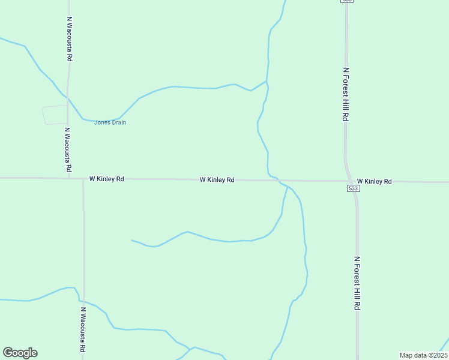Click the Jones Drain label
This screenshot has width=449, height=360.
pos(110,122)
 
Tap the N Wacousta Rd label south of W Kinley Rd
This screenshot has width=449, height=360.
pos(83,330)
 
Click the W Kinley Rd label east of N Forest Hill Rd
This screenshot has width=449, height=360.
pos(374,181)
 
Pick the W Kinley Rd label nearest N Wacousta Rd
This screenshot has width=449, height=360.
pos(106,179)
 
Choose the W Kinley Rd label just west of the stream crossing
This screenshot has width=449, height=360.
pos(217,179)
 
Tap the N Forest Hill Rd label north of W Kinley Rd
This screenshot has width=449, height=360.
pos(346,94)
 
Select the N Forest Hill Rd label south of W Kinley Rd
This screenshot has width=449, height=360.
pos(357,283)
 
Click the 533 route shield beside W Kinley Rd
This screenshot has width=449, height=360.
pos(353,188)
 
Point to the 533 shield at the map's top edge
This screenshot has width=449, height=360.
pos(346,1)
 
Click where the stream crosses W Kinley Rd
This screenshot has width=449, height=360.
pos(279,180)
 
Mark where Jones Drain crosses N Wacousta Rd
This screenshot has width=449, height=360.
pos(68,98)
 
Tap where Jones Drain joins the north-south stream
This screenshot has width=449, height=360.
pos(266,81)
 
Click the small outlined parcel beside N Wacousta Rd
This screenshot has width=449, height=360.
pos(55,115)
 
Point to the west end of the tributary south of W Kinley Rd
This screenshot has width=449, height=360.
pos(132,241)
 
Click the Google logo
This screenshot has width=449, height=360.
pos(20,353)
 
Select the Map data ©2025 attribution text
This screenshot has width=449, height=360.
pos(423,355)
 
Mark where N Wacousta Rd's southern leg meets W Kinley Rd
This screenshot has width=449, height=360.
pos(83,179)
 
